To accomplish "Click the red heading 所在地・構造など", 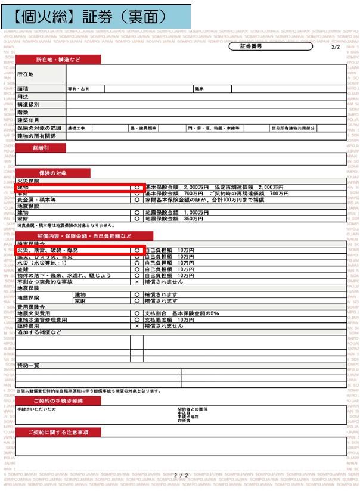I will point(58,60).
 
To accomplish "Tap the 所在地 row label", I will point(26,74).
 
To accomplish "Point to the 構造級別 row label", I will point(29,104).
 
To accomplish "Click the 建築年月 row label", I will point(29,120).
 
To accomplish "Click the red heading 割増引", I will point(41,148).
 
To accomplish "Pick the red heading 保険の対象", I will point(53,173).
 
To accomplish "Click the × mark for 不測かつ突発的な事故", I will point(137,282).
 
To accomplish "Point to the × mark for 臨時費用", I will point(137,326).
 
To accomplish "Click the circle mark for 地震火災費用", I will point(137,313).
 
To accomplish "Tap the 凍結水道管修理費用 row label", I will point(42,320).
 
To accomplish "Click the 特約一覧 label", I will point(28,365).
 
